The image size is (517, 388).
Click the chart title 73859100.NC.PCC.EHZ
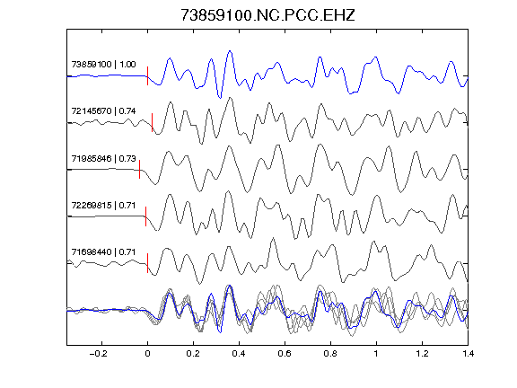267,15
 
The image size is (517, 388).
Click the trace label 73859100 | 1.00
103,64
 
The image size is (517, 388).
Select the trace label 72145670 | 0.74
103,110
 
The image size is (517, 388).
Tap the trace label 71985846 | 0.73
103,158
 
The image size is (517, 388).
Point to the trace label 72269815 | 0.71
103,205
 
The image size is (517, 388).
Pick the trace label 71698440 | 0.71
103,252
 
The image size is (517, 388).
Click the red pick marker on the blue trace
147,75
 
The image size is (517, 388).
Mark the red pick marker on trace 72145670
152,123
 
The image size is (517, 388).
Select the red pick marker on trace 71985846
139,169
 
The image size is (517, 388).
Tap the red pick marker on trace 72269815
145,216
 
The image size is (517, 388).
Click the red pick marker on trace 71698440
147,263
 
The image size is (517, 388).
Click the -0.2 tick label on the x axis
98,354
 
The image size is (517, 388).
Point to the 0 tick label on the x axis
147,354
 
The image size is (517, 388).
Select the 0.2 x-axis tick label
193,354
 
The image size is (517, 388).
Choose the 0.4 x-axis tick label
239,354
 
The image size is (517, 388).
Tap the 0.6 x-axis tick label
285,354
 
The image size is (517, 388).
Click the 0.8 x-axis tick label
330,354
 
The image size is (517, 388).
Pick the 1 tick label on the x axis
376,354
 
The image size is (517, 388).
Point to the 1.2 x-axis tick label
422,354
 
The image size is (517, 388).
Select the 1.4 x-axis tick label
468,354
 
